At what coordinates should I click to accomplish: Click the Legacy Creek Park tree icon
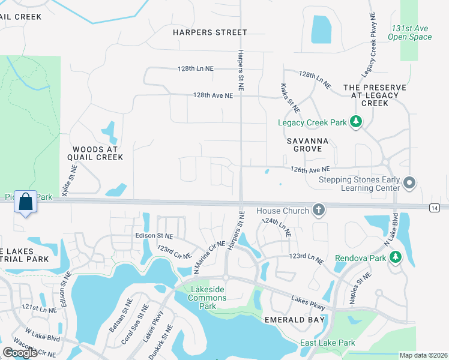(356, 122)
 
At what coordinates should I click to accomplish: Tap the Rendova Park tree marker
(395, 257)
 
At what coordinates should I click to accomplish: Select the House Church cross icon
(319, 210)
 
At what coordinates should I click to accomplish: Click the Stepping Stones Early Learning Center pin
(410, 182)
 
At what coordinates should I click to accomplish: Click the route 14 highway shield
(434, 207)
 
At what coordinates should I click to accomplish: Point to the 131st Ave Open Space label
(411, 32)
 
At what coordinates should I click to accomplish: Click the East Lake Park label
(328, 343)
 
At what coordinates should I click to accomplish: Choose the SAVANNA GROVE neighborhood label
(304, 144)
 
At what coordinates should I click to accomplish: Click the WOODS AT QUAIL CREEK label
(98, 153)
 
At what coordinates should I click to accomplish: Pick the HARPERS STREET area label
(209, 32)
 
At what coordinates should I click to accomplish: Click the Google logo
(20, 353)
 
